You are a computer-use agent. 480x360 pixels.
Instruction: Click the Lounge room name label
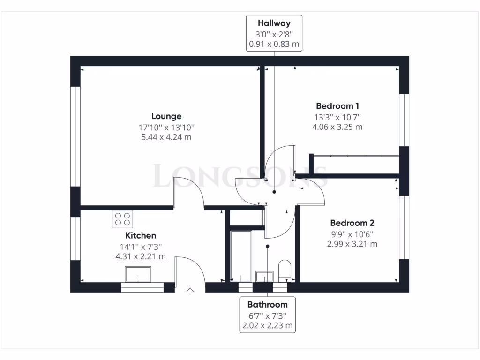point(166,116)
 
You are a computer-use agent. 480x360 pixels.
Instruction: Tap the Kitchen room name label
point(141,235)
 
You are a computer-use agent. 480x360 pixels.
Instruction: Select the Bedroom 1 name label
point(337,106)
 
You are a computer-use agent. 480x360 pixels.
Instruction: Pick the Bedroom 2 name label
point(352,223)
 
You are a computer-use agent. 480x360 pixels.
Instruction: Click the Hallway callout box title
point(274,23)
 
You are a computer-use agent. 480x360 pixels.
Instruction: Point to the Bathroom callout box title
point(267,305)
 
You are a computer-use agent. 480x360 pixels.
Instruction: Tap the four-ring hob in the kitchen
point(122,219)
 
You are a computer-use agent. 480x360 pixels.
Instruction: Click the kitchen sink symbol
point(138,274)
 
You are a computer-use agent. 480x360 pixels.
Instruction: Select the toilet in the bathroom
point(285,271)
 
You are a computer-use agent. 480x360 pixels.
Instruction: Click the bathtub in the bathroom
point(240,255)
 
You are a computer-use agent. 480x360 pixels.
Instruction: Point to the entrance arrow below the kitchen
point(190,292)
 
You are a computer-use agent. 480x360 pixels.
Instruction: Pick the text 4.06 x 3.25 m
point(337,127)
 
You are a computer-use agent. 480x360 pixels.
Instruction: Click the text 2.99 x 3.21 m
point(352,244)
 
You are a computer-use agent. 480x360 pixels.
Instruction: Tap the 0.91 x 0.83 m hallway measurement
point(274,45)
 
